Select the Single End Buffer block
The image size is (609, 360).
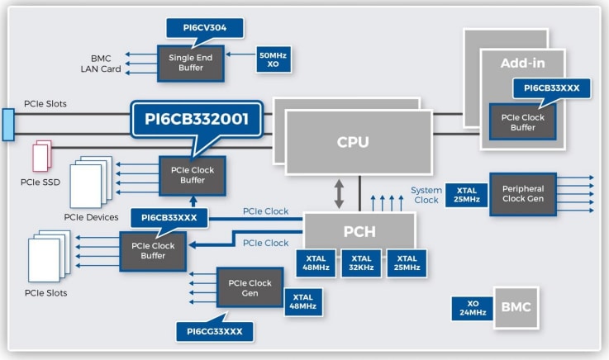tap(192, 62)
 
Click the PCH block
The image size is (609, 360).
tap(359, 231)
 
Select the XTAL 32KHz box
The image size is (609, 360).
tap(360, 263)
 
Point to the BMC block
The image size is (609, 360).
tap(515, 307)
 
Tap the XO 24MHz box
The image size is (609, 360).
tap(471, 308)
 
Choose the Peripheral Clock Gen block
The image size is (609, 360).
tap(522, 195)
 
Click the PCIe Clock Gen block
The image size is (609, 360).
tap(250, 288)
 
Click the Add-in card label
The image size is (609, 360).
tap(521, 63)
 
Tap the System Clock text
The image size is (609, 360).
tap(426, 196)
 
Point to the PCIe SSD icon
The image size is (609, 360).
tap(42, 156)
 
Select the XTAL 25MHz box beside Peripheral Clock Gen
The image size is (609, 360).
tap(465, 195)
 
